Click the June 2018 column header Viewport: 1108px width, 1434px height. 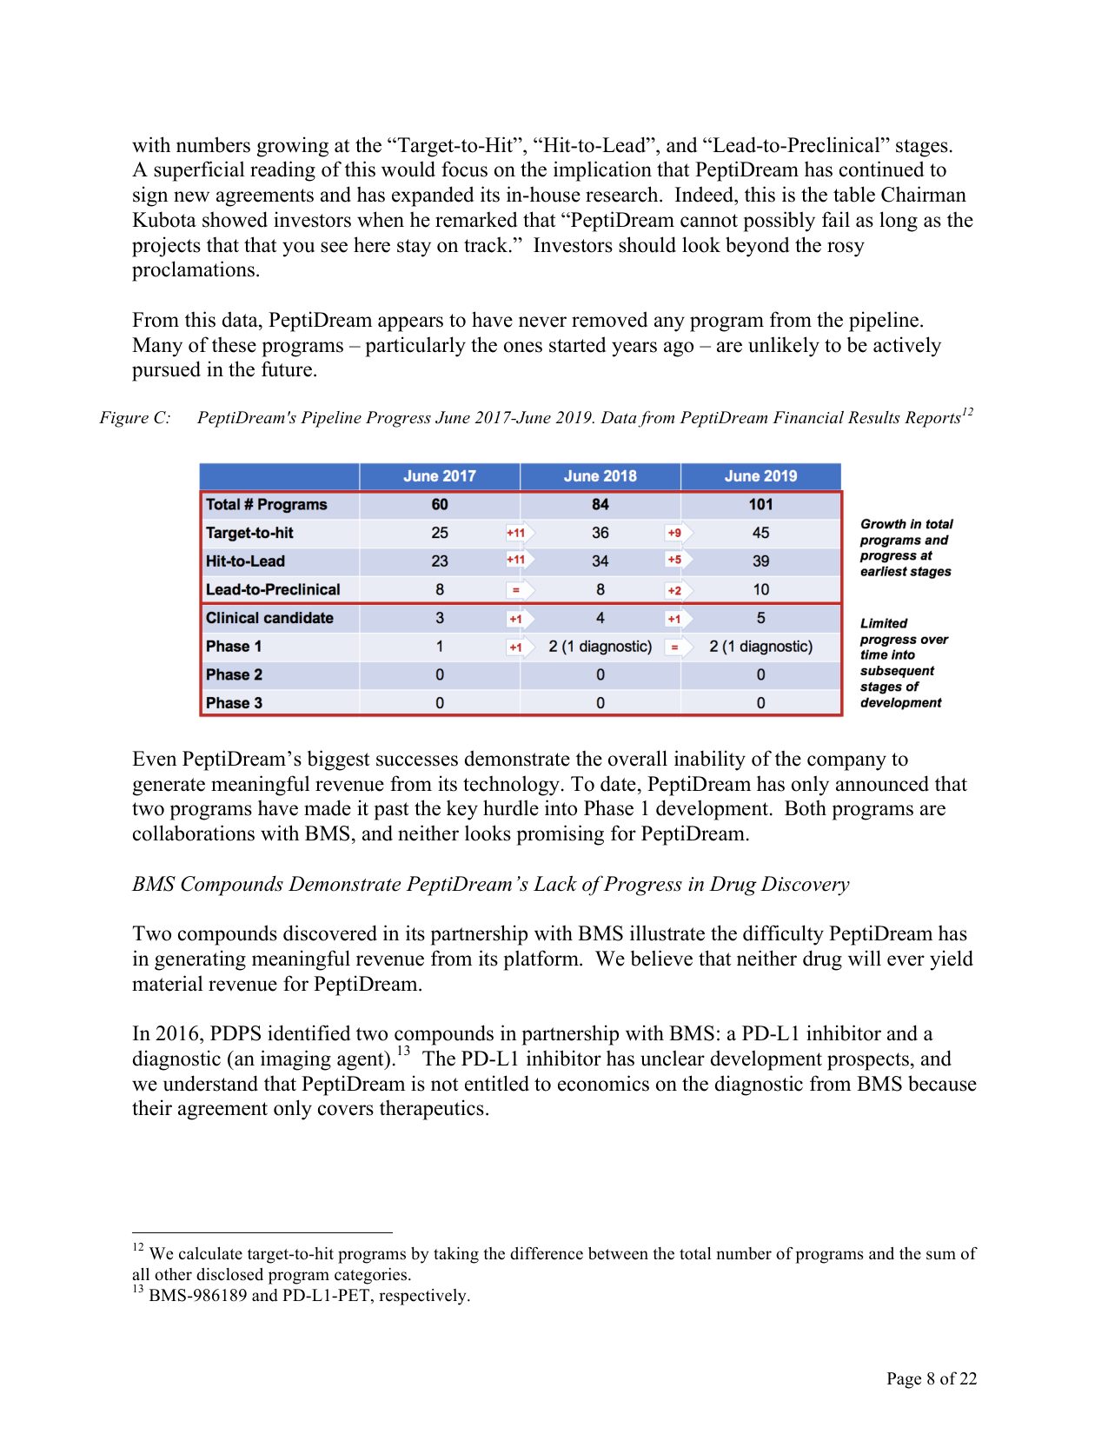click(x=600, y=476)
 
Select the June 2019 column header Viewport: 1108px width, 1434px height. click(x=760, y=476)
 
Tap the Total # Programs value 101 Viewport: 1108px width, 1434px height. click(x=760, y=505)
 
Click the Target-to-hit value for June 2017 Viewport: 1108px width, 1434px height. click(x=440, y=533)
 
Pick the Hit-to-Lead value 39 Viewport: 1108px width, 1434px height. click(x=760, y=561)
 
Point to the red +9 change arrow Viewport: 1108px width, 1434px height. click(x=675, y=533)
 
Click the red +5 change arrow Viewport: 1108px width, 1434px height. click(x=675, y=561)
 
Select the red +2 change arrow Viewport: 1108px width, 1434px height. click(x=675, y=591)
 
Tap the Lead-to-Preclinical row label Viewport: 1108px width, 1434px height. click(x=273, y=590)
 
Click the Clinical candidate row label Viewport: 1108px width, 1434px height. click(x=269, y=618)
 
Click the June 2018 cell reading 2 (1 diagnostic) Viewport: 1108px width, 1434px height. click(x=600, y=647)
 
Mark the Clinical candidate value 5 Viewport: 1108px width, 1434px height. click(x=760, y=618)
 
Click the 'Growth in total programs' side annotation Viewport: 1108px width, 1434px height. click(x=906, y=548)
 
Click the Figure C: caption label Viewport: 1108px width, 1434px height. click(x=135, y=418)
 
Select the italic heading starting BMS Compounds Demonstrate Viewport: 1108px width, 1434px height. click(x=490, y=885)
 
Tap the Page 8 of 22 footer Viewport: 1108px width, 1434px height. click(x=931, y=1378)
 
